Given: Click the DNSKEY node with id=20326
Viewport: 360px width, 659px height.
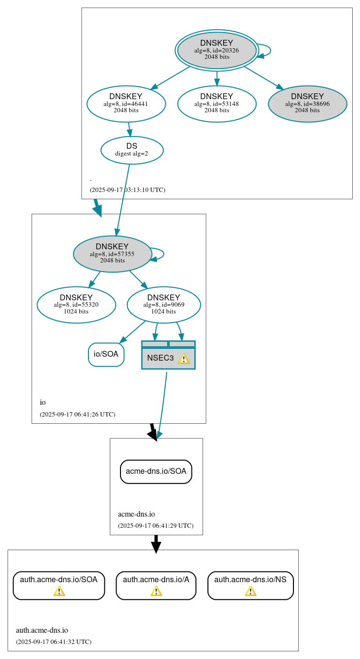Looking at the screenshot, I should [217, 51].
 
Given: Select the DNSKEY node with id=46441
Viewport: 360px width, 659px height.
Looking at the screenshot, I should [126, 104].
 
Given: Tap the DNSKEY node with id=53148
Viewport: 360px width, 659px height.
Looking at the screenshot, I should [217, 104].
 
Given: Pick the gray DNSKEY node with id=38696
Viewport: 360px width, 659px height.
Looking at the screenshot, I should [308, 104].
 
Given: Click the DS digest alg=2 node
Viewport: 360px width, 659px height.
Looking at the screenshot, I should [132, 150].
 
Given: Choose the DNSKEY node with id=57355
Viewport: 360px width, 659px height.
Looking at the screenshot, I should [113, 254].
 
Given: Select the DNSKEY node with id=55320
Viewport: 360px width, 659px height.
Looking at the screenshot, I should [76, 305].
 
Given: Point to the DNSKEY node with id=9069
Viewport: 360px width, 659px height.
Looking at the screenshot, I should [164, 305].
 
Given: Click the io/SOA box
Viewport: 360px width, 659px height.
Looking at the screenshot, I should [106, 354].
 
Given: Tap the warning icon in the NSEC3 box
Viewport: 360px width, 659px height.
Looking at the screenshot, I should [184, 359].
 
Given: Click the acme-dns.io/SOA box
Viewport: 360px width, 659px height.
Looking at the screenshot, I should [156, 471].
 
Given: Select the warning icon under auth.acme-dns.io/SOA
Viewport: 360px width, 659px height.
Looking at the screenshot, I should [59, 591].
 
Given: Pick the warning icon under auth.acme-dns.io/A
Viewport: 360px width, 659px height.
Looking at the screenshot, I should [156, 591].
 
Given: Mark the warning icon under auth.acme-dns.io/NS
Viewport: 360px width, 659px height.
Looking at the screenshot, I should [250, 591].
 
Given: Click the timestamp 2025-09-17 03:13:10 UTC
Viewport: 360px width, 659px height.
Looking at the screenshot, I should [127, 190].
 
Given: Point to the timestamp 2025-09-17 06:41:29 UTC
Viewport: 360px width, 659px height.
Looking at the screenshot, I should [155, 525].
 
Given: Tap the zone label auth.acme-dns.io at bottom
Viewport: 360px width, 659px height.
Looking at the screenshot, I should [42, 630].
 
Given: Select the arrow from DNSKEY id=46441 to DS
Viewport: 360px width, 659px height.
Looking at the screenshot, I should [129, 129].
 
